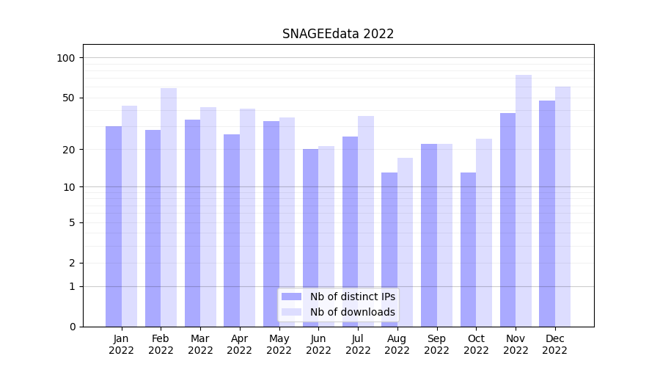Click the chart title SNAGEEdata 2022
338,34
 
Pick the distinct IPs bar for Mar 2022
192,223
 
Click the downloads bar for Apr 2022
247,217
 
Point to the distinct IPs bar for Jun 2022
310,238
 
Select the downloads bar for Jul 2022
366,221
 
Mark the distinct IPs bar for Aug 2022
389,250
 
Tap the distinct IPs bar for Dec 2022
547,214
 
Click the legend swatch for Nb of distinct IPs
291,297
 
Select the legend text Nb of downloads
353,312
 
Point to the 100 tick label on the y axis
66,58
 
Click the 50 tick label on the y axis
68,98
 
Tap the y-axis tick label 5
72,222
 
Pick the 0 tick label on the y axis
72,327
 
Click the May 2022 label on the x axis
279,344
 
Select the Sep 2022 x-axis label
436,344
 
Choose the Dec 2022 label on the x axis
554,344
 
